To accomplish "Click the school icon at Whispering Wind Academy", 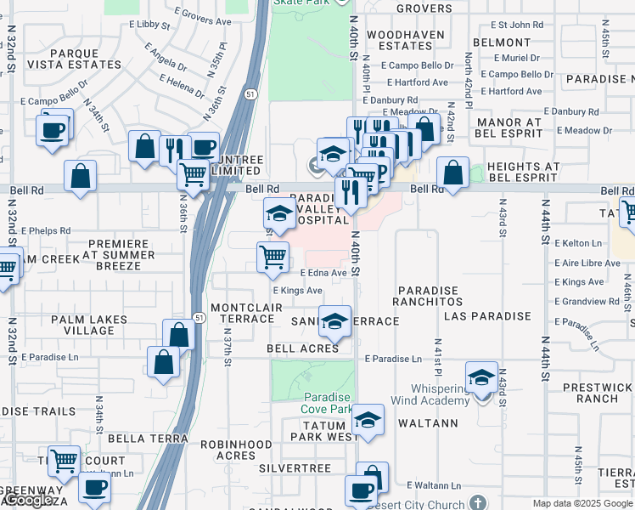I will (x=481, y=377).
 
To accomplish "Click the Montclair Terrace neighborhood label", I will (x=247, y=312).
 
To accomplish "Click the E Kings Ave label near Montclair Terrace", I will (x=296, y=291).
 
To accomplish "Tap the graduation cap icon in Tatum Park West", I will (x=368, y=420).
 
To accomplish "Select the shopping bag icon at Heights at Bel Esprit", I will (x=453, y=173).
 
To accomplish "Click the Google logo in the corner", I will (x=28, y=501).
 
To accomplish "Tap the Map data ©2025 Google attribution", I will (x=583, y=503).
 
